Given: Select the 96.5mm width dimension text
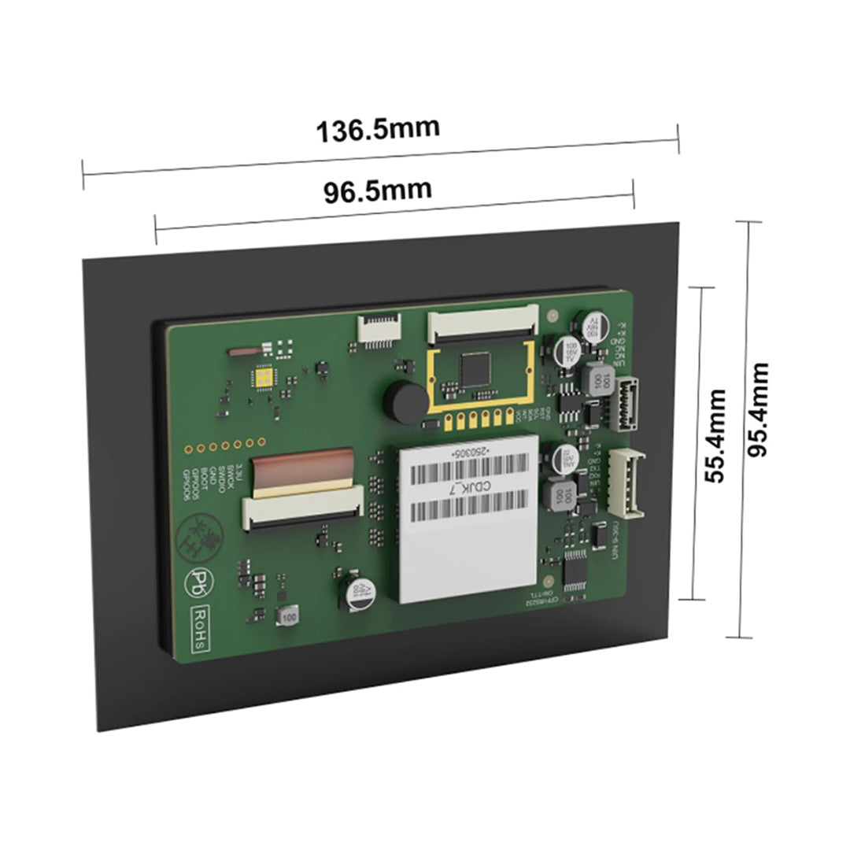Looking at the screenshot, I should pyautogui.click(x=378, y=190).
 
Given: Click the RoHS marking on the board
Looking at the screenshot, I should pyautogui.click(x=201, y=627).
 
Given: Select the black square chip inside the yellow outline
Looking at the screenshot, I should pyautogui.click(x=477, y=368).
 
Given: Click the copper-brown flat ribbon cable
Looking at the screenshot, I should pyautogui.click(x=303, y=466).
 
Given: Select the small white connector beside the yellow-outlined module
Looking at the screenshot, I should pyautogui.click(x=379, y=327).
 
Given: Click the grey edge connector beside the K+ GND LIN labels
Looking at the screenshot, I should pyautogui.click(x=626, y=403).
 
